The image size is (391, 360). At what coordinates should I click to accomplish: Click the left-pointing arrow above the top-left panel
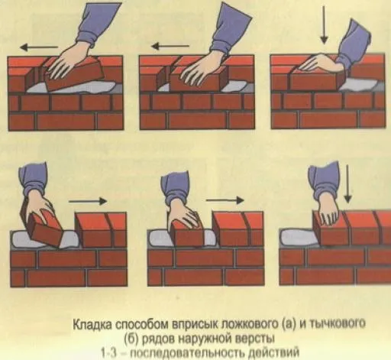(x=39, y=47)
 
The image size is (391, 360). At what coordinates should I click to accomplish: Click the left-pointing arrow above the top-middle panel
(x=170, y=47)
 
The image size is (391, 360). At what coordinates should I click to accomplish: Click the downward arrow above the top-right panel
(x=324, y=24)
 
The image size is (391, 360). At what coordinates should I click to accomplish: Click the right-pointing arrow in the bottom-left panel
(x=88, y=201)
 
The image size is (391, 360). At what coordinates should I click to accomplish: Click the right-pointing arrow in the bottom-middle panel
(x=225, y=200)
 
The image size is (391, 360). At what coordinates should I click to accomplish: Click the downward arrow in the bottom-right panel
(x=347, y=184)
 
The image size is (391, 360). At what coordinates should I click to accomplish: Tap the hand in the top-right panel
(x=321, y=63)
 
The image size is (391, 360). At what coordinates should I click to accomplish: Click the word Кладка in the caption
(x=92, y=325)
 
